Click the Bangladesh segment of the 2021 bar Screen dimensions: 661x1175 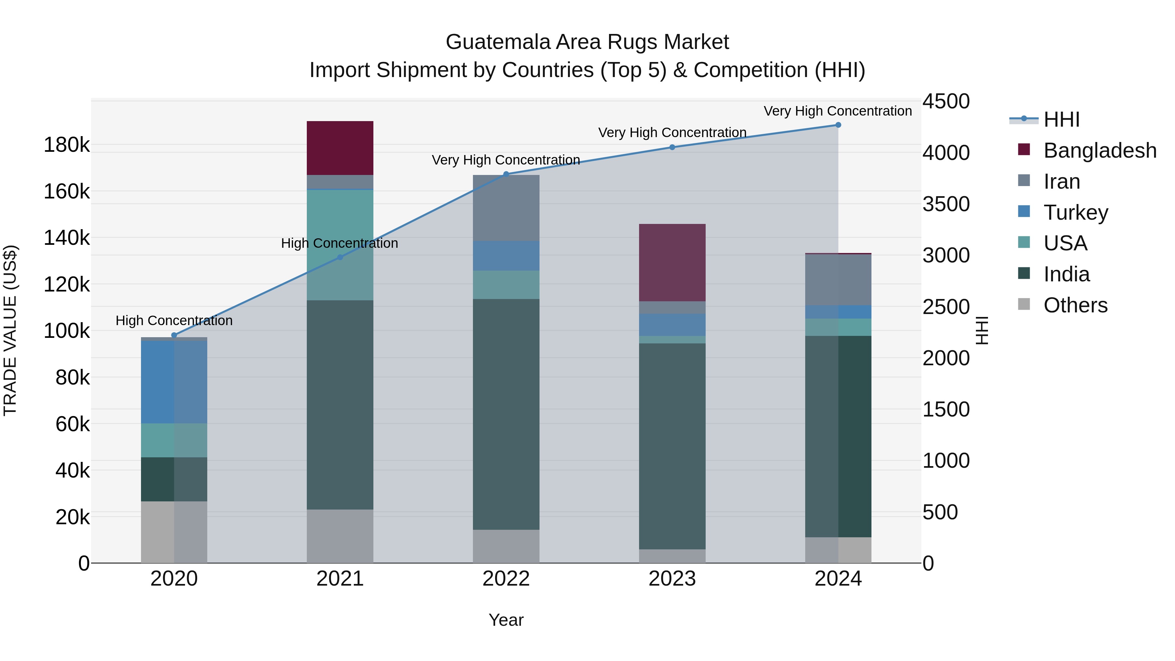coord(340,148)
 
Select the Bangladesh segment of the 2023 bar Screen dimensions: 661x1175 coord(672,262)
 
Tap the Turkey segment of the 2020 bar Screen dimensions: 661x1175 coord(174,382)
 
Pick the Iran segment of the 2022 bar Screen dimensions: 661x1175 coord(506,208)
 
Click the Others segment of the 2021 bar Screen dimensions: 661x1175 coord(340,536)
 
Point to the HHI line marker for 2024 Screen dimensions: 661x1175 coord(838,125)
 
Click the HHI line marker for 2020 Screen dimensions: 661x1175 coord(174,335)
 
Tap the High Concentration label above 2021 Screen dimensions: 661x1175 coord(339,244)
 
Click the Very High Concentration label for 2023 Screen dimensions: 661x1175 coord(672,133)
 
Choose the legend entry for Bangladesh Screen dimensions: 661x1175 coord(1099,150)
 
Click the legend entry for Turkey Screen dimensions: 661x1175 coord(1075,212)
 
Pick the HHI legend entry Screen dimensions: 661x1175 coord(1061,119)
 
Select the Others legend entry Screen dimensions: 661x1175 coord(1075,305)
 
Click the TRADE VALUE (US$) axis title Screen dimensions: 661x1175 coord(10,330)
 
